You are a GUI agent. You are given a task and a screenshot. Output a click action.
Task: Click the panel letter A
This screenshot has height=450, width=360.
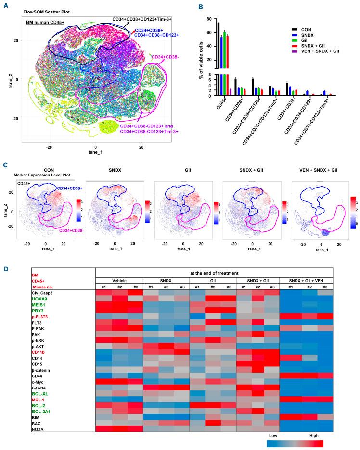pyautogui.click(x=5, y=5)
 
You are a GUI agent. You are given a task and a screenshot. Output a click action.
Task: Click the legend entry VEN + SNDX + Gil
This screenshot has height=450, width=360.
pyautogui.click(x=312, y=51)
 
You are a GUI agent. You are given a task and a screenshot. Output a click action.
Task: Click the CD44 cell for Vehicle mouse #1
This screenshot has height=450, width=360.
pyautogui.click(x=103, y=373)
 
